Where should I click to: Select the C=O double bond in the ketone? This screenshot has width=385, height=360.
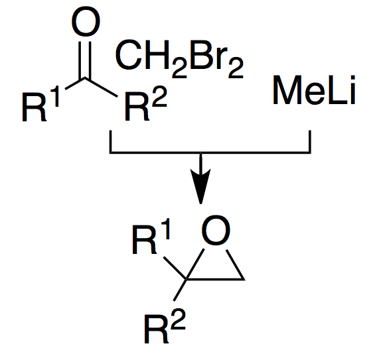click(x=85, y=60)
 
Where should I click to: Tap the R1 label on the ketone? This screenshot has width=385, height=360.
click(x=40, y=103)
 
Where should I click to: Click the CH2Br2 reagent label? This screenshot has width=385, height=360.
click(x=179, y=59)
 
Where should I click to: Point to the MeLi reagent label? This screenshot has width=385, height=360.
click(x=314, y=90)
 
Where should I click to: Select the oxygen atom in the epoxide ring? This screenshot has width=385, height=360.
click(x=216, y=230)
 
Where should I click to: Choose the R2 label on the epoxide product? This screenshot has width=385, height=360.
click(x=165, y=326)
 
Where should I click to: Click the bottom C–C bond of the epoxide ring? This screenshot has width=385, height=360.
click(x=215, y=279)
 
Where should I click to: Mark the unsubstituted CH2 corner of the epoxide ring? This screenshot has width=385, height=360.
click(x=244, y=279)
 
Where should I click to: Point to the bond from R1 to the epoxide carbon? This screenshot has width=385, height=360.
click(x=175, y=268)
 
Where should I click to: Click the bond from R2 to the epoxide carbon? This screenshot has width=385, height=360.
click(x=179, y=290)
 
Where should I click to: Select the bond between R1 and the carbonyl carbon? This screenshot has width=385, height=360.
click(x=75, y=84)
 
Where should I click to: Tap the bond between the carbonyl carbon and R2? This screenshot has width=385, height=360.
click(x=101, y=87)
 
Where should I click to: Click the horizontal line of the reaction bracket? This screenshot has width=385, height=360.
click(x=210, y=152)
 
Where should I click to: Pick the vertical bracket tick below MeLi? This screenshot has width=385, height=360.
click(x=310, y=142)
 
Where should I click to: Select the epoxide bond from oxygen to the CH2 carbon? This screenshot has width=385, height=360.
click(x=235, y=265)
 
